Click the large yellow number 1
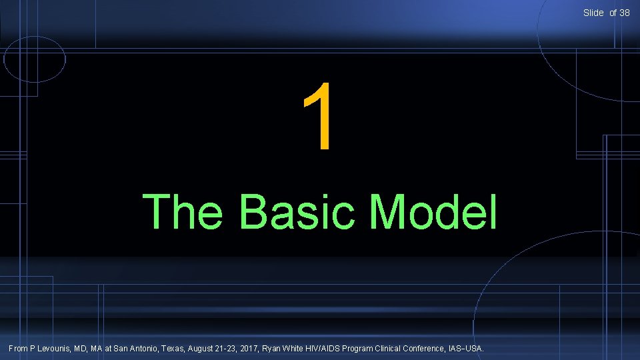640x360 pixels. [x=319, y=116]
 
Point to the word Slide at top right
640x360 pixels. [x=593, y=13]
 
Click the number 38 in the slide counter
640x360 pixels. [x=624, y=13]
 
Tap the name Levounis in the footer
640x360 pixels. [x=59, y=348]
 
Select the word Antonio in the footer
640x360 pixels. [x=145, y=348]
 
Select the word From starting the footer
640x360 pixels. [x=18, y=348]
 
